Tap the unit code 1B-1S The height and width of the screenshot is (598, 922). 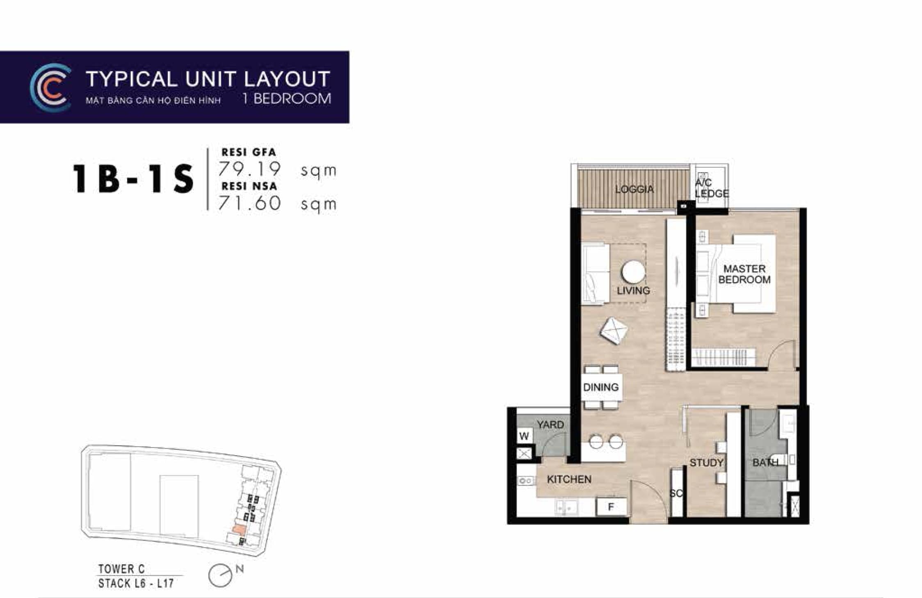(133, 178)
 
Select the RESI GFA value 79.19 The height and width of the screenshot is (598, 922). (249, 169)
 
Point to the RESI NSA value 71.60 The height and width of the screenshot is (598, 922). (249, 203)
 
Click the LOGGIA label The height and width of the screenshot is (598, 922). (634, 189)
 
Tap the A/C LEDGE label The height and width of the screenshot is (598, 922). (712, 188)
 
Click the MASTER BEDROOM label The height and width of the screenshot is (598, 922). (744, 274)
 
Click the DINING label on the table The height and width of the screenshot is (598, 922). (601, 387)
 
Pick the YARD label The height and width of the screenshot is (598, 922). (550, 425)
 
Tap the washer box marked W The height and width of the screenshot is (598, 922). (524, 436)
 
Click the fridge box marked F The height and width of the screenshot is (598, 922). (611, 507)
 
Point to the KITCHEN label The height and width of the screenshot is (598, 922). (569, 479)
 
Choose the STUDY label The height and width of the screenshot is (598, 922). (706, 463)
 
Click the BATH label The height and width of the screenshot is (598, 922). (765, 463)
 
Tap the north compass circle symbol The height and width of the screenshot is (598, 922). (220, 576)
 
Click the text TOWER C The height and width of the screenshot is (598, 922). (121, 569)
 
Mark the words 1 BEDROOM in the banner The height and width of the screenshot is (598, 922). (287, 99)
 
